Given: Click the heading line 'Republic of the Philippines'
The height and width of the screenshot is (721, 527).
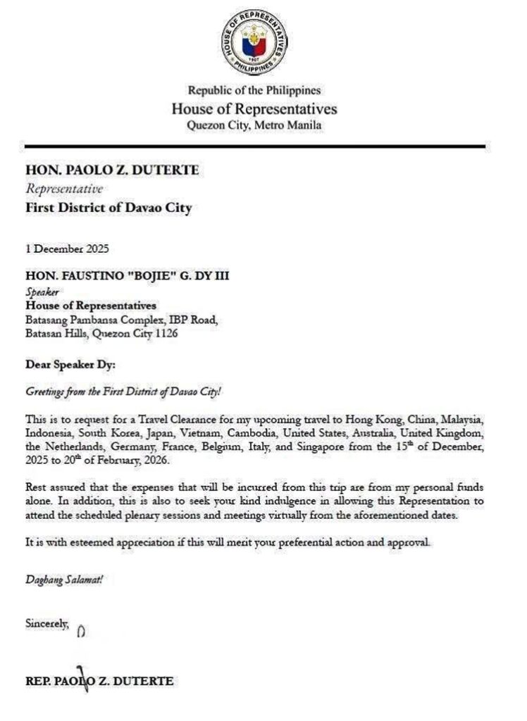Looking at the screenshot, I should (254, 90).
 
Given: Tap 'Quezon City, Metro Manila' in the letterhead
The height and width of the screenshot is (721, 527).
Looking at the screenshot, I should (254, 125).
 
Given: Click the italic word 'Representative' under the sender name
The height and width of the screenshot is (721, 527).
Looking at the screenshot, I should (64, 189).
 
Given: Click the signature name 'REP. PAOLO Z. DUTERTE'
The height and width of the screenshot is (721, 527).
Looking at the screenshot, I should (99, 681).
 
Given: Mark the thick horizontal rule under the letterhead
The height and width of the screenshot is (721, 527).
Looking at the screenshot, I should (255, 146).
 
